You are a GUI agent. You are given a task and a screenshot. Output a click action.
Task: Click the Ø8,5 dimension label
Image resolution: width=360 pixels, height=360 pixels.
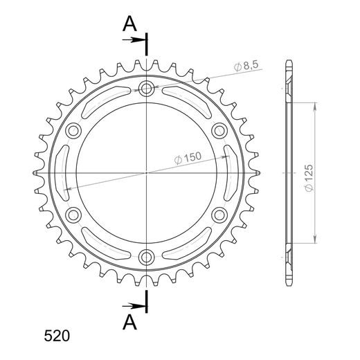tap(247, 66)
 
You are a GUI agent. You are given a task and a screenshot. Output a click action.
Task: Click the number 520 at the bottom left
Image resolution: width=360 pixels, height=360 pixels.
tap(56, 337)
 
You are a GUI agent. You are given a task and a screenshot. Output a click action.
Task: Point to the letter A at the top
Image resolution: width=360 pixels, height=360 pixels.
tap(129, 24)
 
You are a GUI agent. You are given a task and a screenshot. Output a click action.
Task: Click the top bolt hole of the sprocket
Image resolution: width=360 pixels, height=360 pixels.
tap(146, 88)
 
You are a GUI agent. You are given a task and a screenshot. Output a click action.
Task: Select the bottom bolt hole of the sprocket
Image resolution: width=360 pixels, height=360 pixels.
tap(146, 257)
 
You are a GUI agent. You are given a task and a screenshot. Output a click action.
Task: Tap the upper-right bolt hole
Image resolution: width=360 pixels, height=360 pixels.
tap(219, 130)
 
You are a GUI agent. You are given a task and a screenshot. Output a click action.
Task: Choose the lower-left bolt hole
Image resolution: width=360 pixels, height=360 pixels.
tap(73, 215)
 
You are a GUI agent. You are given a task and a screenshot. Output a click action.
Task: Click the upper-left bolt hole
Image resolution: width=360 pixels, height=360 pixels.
tap(73, 130)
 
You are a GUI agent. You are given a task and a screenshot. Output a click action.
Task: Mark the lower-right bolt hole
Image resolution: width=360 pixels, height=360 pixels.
tap(219, 215)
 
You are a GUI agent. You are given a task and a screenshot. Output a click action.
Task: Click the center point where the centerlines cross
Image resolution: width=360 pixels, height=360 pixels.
tap(146, 172)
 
